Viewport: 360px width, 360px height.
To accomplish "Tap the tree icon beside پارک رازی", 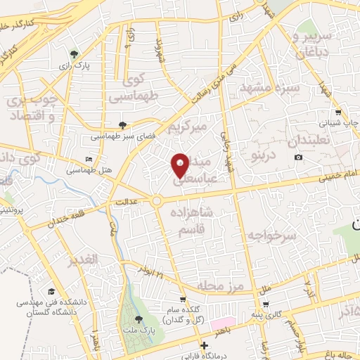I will coord(74,53).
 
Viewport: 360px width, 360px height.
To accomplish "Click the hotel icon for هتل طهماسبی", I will coord(88,160).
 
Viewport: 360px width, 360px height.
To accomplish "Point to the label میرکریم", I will coord(188,127).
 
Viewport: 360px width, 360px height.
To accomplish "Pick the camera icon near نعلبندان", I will coord(299,156).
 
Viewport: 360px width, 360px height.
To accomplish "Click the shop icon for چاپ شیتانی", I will coord(338,112).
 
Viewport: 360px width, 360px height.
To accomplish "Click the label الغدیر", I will coord(83,261).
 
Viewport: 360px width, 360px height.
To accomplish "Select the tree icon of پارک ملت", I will coord(136,321).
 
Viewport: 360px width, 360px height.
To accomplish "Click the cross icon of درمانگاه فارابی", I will coord(204,345).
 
